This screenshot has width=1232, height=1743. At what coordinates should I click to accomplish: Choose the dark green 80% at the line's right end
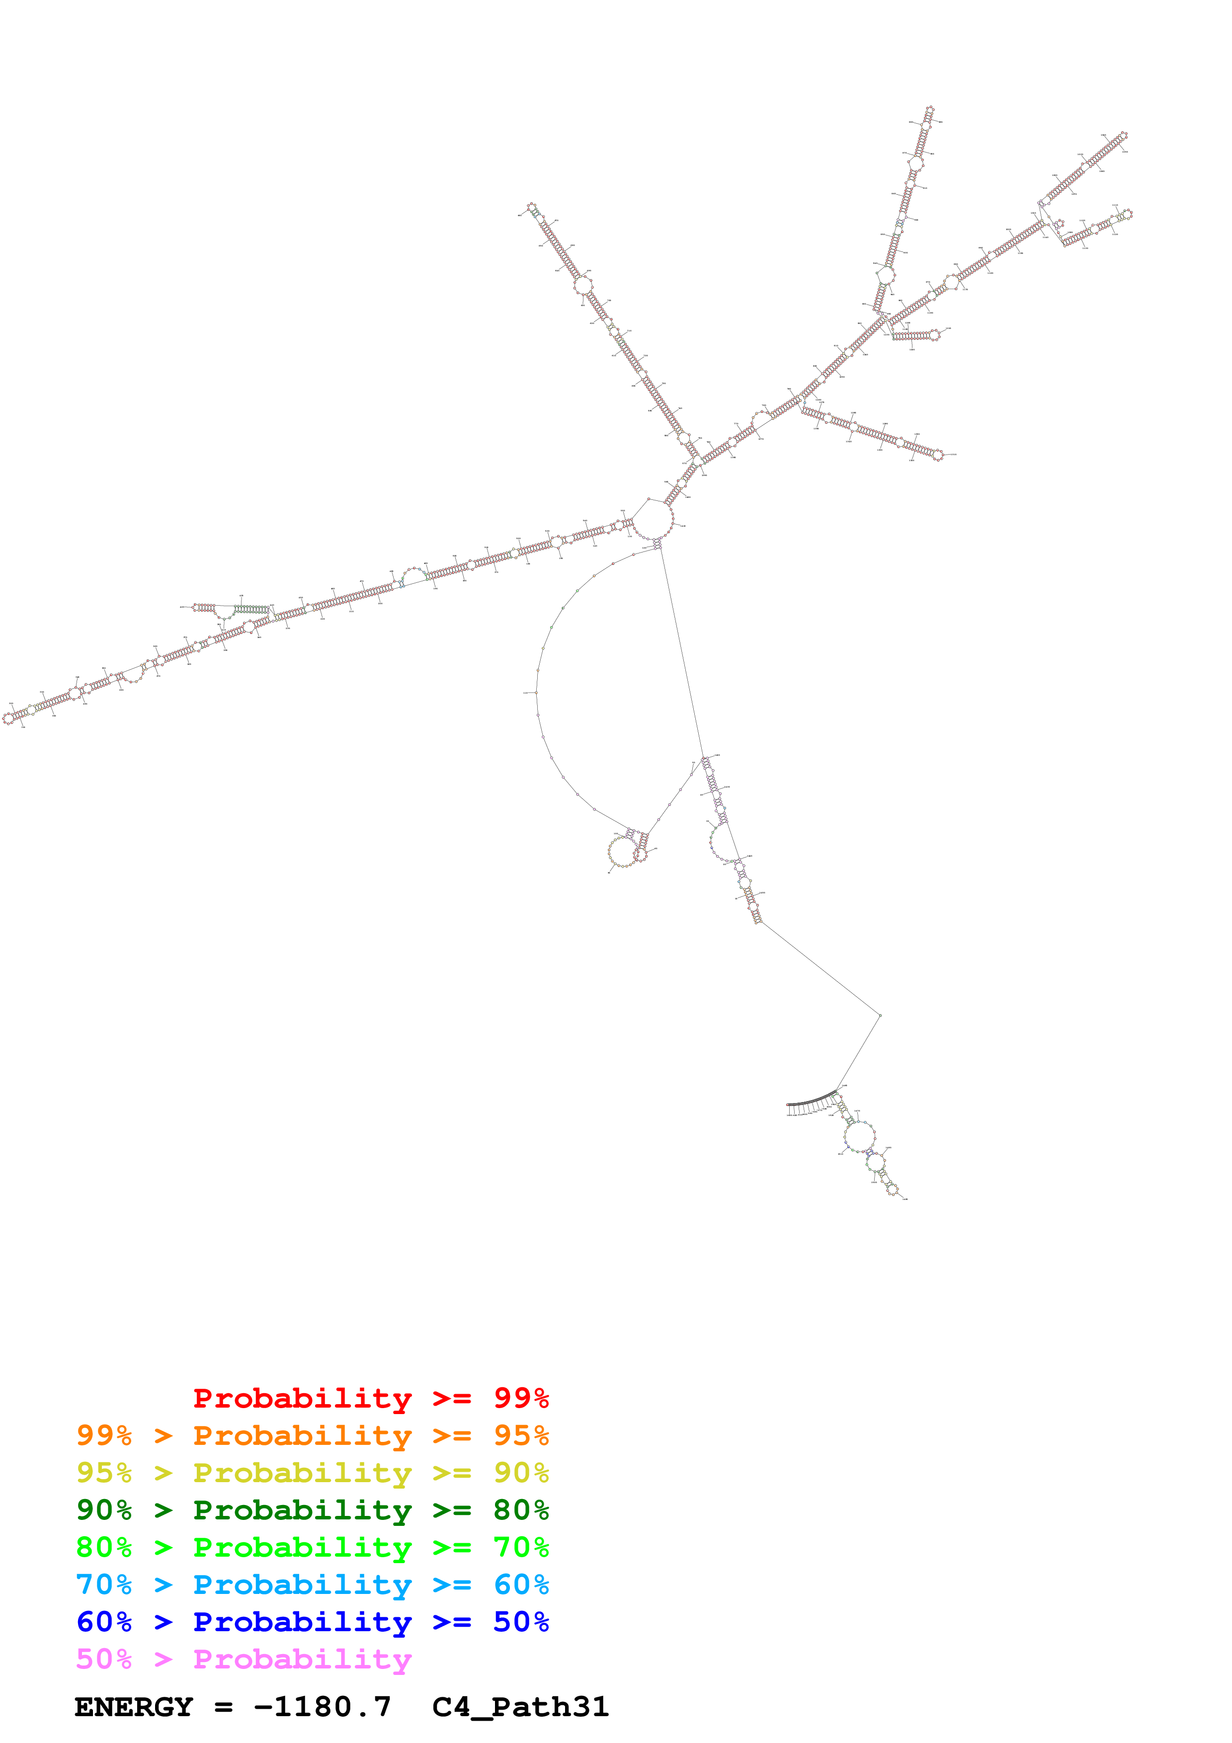(x=521, y=1510)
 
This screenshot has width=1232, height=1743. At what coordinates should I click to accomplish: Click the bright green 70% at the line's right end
(x=521, y=1547)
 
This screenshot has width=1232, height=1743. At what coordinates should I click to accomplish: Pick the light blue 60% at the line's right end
(x=521, y=1585)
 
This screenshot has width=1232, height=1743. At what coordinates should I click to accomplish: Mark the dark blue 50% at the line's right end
(x=521, y=1622)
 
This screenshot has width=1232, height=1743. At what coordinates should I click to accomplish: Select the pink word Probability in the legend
(x=302, y=1660)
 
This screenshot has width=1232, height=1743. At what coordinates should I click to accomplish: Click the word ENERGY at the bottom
(x=134, y=1707)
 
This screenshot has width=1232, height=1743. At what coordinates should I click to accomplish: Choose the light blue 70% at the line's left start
(x=104, y=1585)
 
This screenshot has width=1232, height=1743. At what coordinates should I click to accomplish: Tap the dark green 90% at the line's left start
(x=104, y=1510)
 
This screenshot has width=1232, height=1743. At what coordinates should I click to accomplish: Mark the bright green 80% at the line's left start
(x=104, y=1547)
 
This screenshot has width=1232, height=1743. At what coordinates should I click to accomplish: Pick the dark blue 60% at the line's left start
(x=104, y=1622)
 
